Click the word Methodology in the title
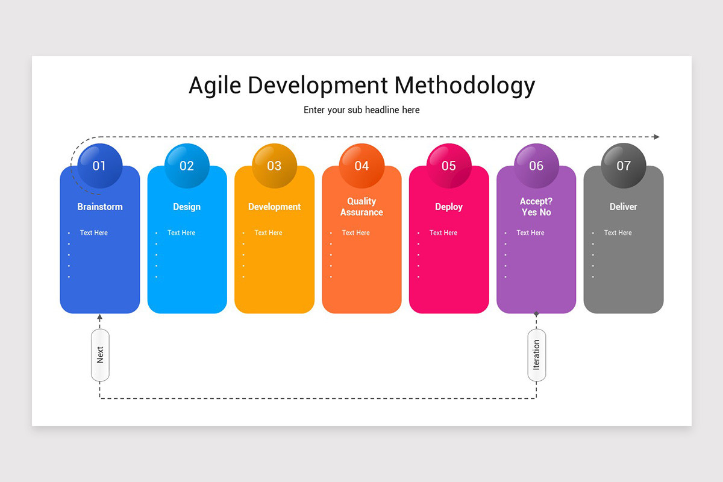pyautogui.click(x=465, y=86)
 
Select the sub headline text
pyautogui.click(x=361, y=110)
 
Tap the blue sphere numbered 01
pyautogui.click(x=99, y=166)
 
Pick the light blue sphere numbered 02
pyautogui.click(x=187, y=166)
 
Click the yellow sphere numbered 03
pyautogui.click(x=274, y=166)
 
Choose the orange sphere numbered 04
pyautogui.click(x=361, y=166)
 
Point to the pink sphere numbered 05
pyautogui.click(x=449, y=166)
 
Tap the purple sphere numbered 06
pyautogui.click(x=536, y=166)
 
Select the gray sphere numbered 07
pyautogui.click(x=624, y=166)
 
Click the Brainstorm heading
pyautogui.click(x=100, y=207)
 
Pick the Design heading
pyautogui.click(x=187, y=207)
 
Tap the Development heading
pyautogui.click(x=274, y=207)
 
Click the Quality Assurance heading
pyautogui.click(x=361, y=207)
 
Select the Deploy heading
pyautogui.click(x=449, y=207)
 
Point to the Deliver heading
pyautogui.click(x=623, y=207)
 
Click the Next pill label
pyautogui.click(x=100, y=355)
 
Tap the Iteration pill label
pyautogui.click(x=536, y=355)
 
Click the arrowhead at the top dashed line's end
pyautogui.click(x=656, y=137)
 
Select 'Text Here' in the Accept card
pyautogui.click(x=530, y=233)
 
